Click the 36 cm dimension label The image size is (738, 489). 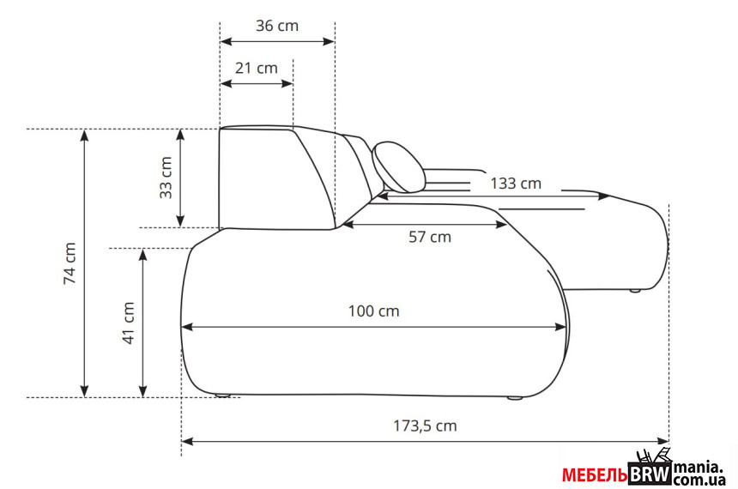tap(276, 26)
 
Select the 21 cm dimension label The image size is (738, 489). tap(256, 69)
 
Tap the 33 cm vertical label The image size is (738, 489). tap(166, 178)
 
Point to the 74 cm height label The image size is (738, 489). tap(70, 263)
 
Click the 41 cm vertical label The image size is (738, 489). tap(129, 323)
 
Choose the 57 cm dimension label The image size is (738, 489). tap(430, 237)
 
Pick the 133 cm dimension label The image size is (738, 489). tap(516, 183)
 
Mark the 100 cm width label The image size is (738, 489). tap(373, 311)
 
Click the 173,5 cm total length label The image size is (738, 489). tap(425, 426)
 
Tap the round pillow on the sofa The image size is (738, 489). tap(399, 166)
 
